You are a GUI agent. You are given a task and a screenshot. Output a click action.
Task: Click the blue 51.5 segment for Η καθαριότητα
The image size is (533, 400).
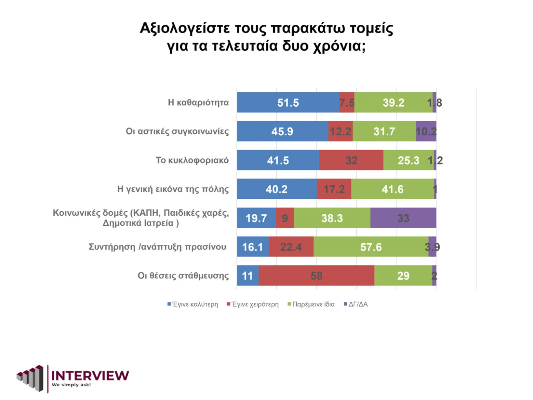(288, 103)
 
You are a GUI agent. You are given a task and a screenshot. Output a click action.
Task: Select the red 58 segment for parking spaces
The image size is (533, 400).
(316, 276)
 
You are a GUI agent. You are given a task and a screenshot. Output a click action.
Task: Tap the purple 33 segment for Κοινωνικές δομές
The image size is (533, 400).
(403, 218)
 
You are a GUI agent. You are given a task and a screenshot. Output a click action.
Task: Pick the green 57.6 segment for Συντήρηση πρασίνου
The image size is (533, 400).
(371, 247)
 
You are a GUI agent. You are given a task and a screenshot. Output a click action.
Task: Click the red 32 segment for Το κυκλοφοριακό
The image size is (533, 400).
(351, 160)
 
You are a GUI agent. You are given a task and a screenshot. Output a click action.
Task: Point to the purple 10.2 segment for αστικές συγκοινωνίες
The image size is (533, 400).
(426, 131)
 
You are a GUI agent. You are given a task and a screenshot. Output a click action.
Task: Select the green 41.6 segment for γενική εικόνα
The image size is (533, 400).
(392, 189)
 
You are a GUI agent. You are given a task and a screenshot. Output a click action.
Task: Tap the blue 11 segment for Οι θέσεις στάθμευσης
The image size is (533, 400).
(247, 276)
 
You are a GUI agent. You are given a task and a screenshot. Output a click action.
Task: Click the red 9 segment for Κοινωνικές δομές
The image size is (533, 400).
(285, 218)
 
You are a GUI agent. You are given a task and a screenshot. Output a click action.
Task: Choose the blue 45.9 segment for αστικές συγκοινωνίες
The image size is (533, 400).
(282, 131)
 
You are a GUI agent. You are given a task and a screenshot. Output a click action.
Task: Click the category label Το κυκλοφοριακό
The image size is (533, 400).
(192, 160)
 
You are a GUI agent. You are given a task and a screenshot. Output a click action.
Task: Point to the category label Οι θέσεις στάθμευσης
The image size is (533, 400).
(183, 276)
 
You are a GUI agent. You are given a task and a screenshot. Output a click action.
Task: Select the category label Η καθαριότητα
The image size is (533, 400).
(198, 103)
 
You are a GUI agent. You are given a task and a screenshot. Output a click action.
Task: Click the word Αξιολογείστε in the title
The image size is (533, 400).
(185, 28)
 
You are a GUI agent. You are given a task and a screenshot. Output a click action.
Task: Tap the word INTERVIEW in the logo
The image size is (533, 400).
(90, 376)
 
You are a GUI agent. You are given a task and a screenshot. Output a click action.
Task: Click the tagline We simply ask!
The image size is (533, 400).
(71, 385)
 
